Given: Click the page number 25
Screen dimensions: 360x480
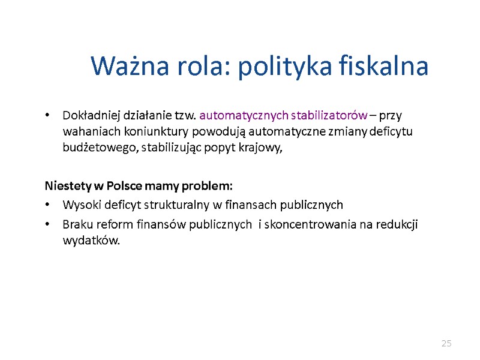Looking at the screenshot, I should click(x=446, y=343).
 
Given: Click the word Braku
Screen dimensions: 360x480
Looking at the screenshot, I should click(x=77, y=224).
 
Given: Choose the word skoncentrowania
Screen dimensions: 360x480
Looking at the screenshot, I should click(x=307, y=224).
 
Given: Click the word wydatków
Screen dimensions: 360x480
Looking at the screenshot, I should click(x=91, y=241).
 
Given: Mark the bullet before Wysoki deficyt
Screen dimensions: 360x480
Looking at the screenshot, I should click(x=49, y=205).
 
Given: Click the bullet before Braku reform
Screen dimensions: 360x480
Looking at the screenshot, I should click(x=49, y=225).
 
